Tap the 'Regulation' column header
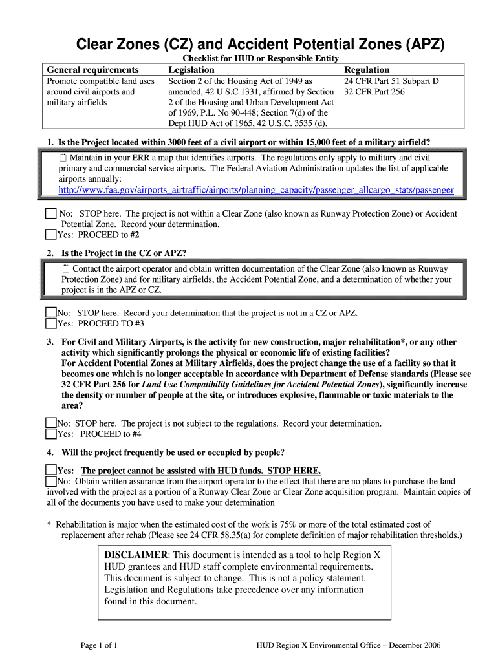(367, 70)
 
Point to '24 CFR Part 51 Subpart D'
(391, 81)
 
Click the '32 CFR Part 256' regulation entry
(374, 92)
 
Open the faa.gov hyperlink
(256, 190)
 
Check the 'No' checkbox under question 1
(50, 213)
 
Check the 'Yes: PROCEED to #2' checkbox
(50, 235)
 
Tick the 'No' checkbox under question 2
(50, 312)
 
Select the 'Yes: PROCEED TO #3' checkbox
(50, 323)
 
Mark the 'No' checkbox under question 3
(50, 423)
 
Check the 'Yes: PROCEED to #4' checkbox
(50, 434)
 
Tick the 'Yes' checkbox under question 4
(50, 470)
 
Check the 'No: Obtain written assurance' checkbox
(50, 481)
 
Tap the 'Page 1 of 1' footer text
(98, 645)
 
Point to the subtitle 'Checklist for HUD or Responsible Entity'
(261, 59)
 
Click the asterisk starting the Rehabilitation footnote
(49, 525)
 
